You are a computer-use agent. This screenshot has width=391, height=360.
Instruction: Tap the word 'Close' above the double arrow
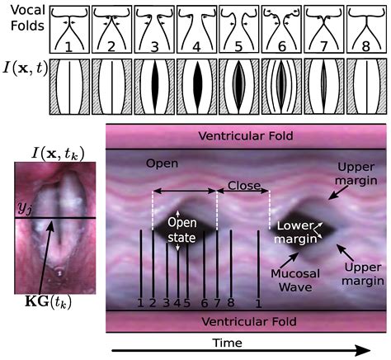[x=243, y=187]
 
